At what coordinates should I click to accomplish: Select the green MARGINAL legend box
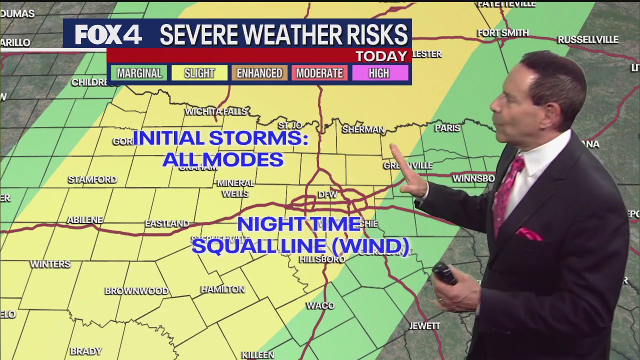click(139, 73)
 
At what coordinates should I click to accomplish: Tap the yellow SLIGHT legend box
click(199, 73)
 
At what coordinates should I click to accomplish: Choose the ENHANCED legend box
click(259, 73)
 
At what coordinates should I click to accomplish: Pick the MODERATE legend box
click(319, 73)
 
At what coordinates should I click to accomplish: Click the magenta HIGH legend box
click(379, 73)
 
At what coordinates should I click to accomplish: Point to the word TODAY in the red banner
click(381, 56)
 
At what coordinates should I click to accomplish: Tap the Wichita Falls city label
click(216, 111)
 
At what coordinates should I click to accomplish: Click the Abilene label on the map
click(85, 220)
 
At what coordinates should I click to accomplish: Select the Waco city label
click(320, 305)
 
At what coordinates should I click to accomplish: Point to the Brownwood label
click(136, 291)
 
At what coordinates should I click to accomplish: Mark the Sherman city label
click(363, 129)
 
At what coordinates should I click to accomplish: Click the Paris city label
click(447, 128)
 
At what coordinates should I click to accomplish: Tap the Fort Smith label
click(503, 33)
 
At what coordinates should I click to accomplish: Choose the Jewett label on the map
click(424, 326)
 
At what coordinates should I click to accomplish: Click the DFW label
click(327, 194)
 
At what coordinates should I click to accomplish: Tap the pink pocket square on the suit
click(529, 234)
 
